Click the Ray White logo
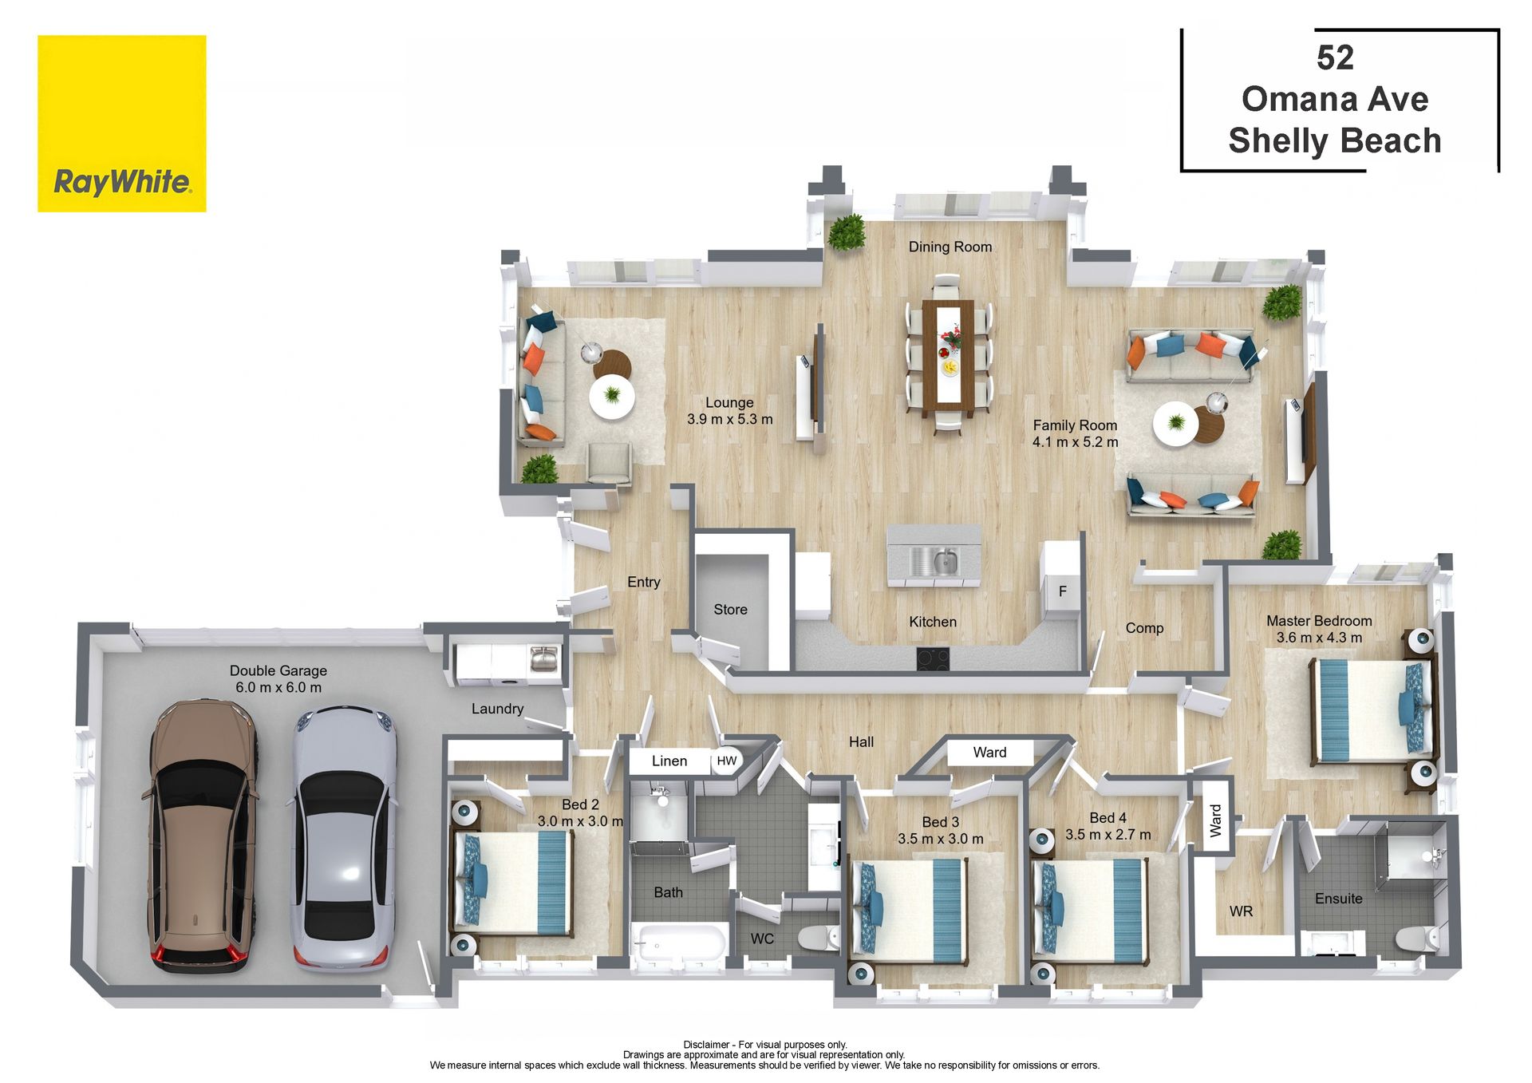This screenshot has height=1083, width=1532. click(x=122, y=124)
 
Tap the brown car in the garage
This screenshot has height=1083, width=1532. click(x=203, y=836)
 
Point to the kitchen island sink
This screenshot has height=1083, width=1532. click(x=935, y=560)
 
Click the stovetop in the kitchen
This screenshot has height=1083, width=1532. click(x=933, y=658)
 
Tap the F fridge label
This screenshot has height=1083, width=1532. click(x=1062, y=592)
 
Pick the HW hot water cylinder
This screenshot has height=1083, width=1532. click(x=727, y=761)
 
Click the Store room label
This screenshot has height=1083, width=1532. click(x=730, y=610)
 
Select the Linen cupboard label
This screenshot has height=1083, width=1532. click(x=669, y=761)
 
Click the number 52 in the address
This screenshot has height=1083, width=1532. click(x=1335, y=57)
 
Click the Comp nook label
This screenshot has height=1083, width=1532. click(x=1144, y=629)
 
